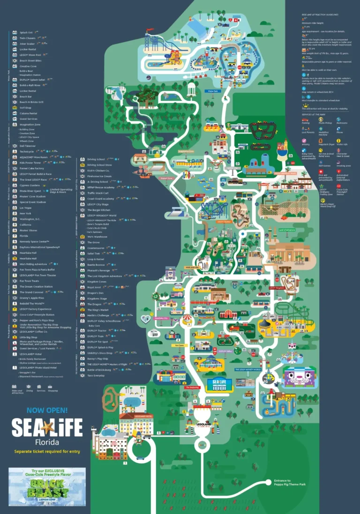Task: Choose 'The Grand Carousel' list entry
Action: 31,292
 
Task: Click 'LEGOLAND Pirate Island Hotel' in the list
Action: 40,368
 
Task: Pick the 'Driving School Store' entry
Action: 99,165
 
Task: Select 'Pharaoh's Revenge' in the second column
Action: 98,270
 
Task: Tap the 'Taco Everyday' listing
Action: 96,375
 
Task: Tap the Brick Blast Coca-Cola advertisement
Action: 47,486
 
